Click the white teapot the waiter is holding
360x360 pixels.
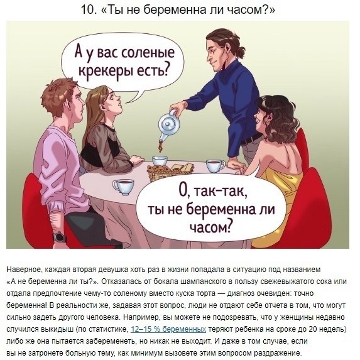(x=168, y=129)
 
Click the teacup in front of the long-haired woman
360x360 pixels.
(x=123, y=186)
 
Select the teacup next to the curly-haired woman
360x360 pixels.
(x=215, y=166)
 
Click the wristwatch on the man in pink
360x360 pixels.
(x=59, y=237)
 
